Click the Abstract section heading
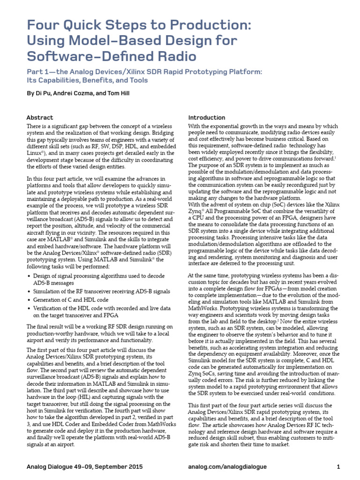click(x=40, y=118)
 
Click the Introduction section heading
click(x=207, y=118)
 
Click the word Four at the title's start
click(x=44, y=26)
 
